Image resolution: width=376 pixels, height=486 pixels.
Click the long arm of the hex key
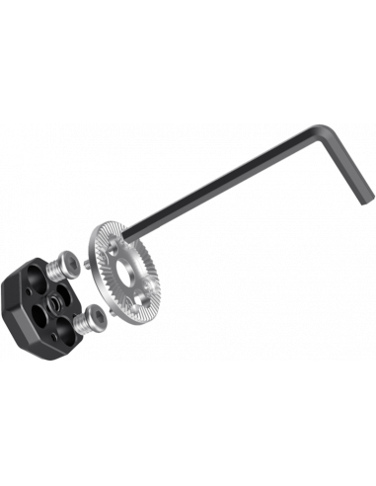(237, 182)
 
